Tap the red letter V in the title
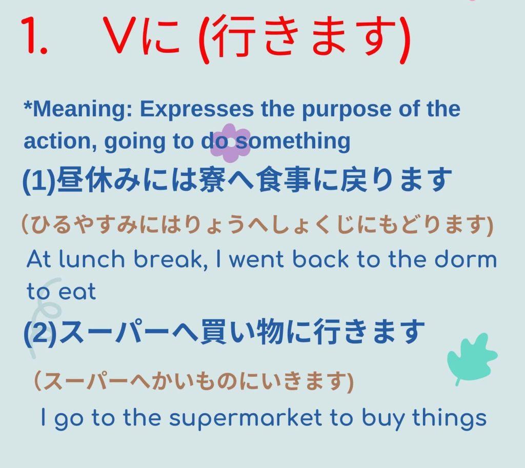121,35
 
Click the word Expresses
197,109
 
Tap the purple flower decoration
230,143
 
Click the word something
293,141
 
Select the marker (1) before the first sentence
38,181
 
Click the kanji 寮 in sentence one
212,180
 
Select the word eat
77,291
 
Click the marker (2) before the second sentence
40,333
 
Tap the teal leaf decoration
472,357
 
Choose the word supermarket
245,418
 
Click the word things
449,418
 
